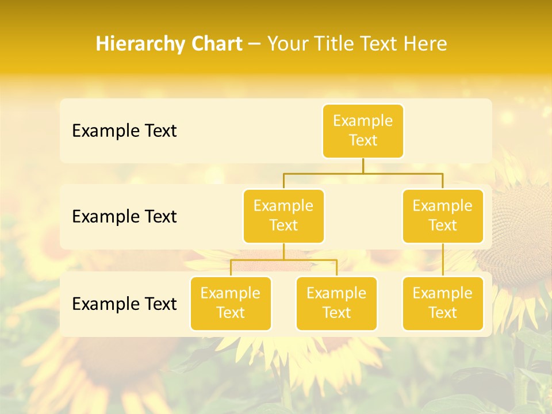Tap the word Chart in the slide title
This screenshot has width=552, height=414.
[x=215, y=44]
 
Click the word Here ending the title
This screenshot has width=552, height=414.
[x=425, y=44]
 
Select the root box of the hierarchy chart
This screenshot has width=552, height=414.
[x=363, y=131]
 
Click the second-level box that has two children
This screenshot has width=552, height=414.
[x=283, y=216]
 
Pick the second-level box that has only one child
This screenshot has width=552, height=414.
[x=443, y=216]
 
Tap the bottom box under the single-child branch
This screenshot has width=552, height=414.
[x=443, y=304]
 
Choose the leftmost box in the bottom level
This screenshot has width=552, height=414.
[x=231, y=304]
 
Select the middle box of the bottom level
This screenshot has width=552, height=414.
[x=336, y=304]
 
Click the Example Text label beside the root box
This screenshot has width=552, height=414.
[x=124, y=131]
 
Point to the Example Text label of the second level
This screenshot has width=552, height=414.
[x=124, y=217]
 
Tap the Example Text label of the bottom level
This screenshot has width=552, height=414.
[x=124, y=304]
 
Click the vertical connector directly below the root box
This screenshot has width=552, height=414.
[x=363, y=166]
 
